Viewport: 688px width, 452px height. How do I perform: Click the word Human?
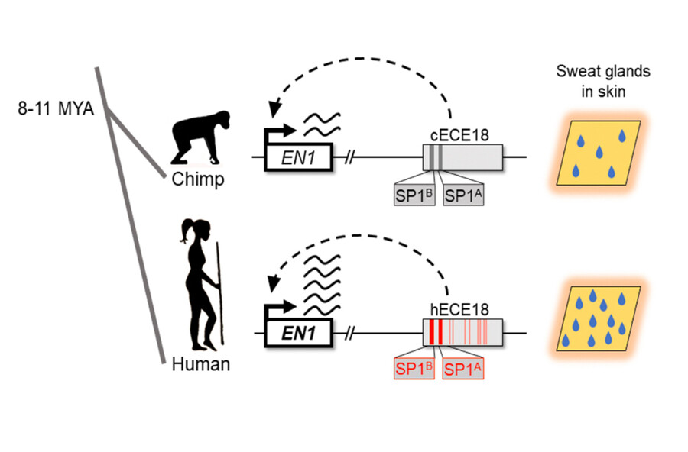200,364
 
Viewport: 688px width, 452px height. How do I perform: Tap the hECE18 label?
459,309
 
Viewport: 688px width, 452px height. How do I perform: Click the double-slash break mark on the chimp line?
350,158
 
